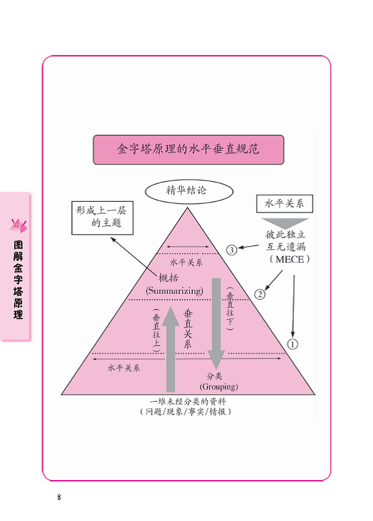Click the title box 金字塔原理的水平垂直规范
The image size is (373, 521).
point(189,150)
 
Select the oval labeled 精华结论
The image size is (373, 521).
point(189,191)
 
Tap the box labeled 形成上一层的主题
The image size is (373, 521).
point(103,218)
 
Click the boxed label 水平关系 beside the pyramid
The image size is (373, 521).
point(284,203)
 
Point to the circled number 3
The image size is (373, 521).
point(231,250)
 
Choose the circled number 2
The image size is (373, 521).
point(260,294)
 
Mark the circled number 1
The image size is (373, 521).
point(292,344)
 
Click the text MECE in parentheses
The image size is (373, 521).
point(290,259)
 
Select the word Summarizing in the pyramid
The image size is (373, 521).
point(174,291)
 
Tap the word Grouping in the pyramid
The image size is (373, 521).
point(219,386)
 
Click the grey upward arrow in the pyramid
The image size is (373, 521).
point(170,349)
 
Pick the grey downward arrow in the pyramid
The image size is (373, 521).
point(216,324)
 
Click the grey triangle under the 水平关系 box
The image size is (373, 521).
point(285,223)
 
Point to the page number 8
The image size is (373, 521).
point(59,497)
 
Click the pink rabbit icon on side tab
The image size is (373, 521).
point(18,225)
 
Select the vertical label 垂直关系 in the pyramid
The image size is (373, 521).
point(188,329)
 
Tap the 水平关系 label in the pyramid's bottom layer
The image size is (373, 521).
point(123,368)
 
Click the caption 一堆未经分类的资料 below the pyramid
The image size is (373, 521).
point(188,402)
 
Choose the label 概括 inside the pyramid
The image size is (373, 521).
point(168,278)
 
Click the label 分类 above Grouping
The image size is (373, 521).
point(214,376)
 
